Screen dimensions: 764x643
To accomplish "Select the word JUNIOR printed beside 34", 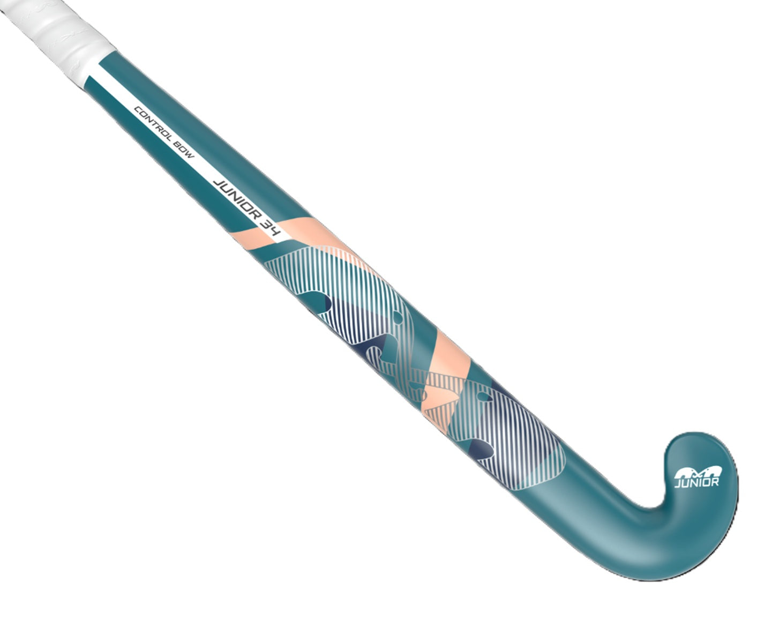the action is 235,200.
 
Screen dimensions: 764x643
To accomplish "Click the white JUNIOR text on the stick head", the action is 696,482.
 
